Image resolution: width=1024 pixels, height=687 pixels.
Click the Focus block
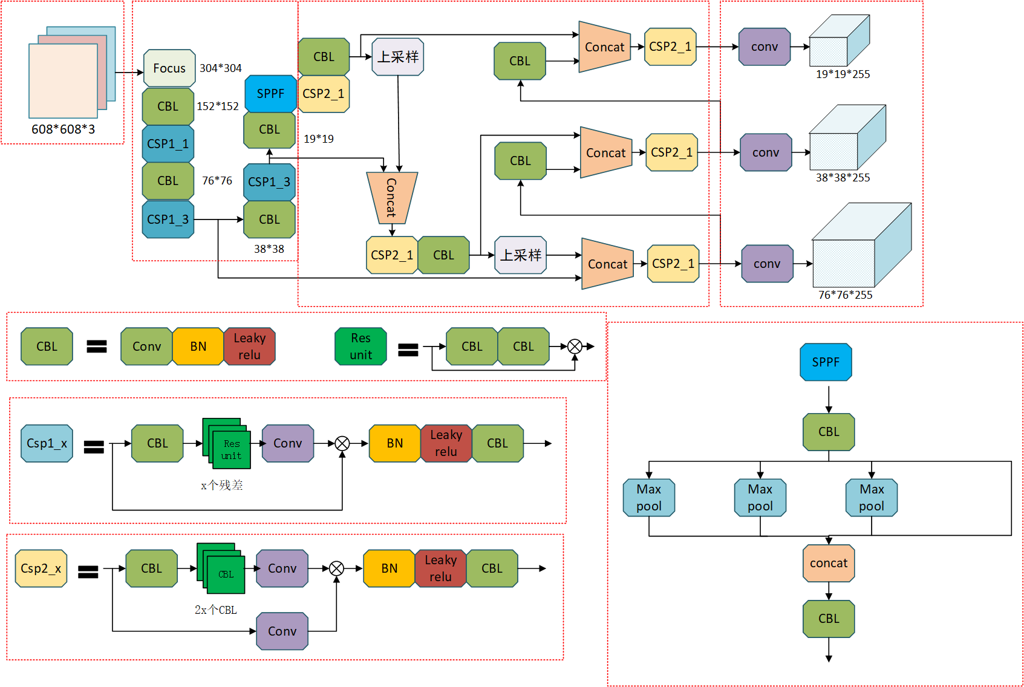tap(169, 68)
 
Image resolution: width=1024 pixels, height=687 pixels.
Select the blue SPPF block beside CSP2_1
tap(270, 94)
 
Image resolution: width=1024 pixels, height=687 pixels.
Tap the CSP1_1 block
tap(168, 143)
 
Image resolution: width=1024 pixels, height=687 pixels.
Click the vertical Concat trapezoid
tap(392, 198)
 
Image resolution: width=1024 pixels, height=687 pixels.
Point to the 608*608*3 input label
tap(63, 129)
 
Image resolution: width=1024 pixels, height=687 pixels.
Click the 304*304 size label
tap(220, 68)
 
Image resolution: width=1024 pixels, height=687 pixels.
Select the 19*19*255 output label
tap(843, 74)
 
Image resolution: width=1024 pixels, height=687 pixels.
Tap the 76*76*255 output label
tap(845, 295)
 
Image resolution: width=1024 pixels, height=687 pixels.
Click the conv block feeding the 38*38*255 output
tap(766, 152)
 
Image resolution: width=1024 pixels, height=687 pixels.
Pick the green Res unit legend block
tap(360, 346)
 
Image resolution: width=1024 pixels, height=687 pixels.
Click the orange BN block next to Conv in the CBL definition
tap(198, 346)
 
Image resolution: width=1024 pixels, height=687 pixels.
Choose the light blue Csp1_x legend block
tap(47, 443)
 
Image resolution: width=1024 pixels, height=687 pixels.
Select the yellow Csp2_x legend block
tap(41, 568)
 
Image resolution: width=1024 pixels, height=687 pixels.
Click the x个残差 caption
tap(222, 485)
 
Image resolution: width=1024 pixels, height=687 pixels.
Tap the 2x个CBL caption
tap(216, 610)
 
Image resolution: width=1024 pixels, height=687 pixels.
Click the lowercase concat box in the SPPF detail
tap(829, 563)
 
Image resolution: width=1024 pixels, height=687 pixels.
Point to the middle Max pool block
tap(760, 497)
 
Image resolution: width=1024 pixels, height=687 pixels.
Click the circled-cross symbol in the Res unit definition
tap(575, 347)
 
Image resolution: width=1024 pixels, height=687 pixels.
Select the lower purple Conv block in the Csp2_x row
tap(282, 631)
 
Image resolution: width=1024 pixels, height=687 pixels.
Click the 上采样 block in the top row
tap(398, 57)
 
